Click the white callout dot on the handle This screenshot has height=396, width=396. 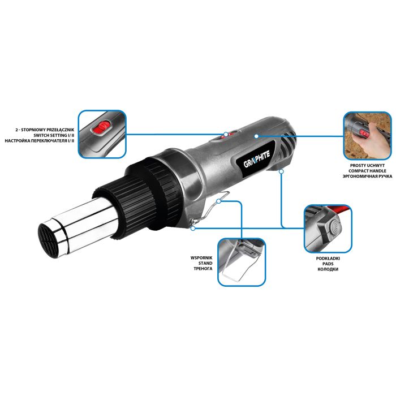(x=256, y=136)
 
